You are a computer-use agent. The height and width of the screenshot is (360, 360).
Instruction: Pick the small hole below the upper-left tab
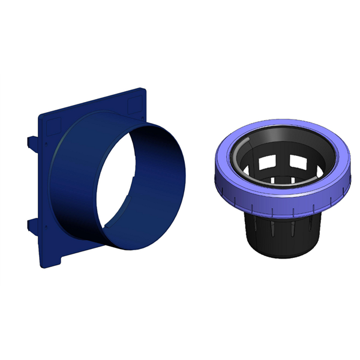click(x=43, y=145)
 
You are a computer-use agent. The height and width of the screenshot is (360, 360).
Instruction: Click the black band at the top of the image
click(x=180, y=36)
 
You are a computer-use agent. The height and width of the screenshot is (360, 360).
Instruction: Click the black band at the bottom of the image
click(x=180, y=324)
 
